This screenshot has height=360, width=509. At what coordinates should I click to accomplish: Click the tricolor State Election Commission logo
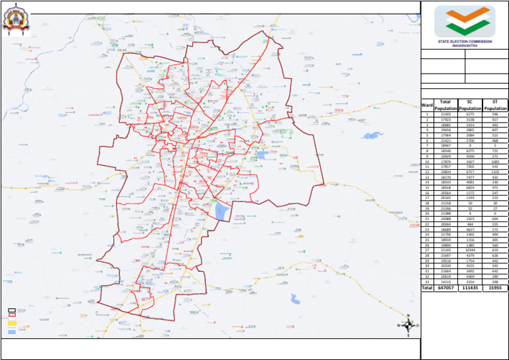coord(464,22)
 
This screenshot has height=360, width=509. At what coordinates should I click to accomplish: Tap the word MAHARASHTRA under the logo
coord(464,46)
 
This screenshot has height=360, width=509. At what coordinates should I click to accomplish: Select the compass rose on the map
coord(409,325)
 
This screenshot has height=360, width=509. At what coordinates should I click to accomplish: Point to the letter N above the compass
coord(409,315)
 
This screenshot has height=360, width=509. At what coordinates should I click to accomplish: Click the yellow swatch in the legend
coord(11,324)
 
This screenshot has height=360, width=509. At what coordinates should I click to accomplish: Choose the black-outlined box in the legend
coord(11,310)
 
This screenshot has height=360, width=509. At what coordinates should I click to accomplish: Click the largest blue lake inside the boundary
coord(222,211)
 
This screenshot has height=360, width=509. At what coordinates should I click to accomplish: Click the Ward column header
coord(427,105)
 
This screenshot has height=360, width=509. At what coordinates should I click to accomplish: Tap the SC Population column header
coord(470,105)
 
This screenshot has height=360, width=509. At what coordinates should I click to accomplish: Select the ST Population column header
coord(495,105)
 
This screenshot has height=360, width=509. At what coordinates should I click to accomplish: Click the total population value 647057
coord(445,288)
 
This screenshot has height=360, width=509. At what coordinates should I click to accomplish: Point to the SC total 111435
coord(470,288)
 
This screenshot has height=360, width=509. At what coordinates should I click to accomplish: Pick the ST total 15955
coord(495,288)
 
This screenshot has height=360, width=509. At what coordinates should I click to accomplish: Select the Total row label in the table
coord(427,288)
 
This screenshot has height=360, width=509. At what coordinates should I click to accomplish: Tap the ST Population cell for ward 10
coord(495,161)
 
